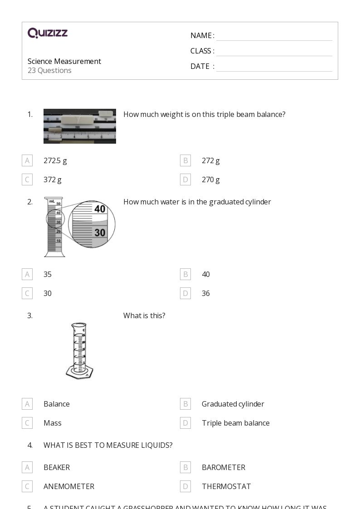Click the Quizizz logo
[48, 33]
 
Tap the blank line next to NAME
[274, 36]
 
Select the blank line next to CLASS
[274, 52]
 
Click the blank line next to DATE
[274, 67]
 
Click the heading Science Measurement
[64, 61]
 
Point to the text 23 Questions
[49, 70]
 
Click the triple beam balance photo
[80, 126]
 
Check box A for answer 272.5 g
[27, 160]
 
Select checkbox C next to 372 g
[27, 179]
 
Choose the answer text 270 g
[210, 179]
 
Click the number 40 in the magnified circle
[100, 209]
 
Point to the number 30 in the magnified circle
[100, 233]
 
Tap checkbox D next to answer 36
[185, 293]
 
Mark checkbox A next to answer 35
[27, 274]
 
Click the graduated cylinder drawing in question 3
[80, 350]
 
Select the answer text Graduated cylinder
[233, 404]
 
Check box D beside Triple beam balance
[185, 423]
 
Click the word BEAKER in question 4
[57, 467]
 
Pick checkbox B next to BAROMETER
[185, 467]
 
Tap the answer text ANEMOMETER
[69, 486]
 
